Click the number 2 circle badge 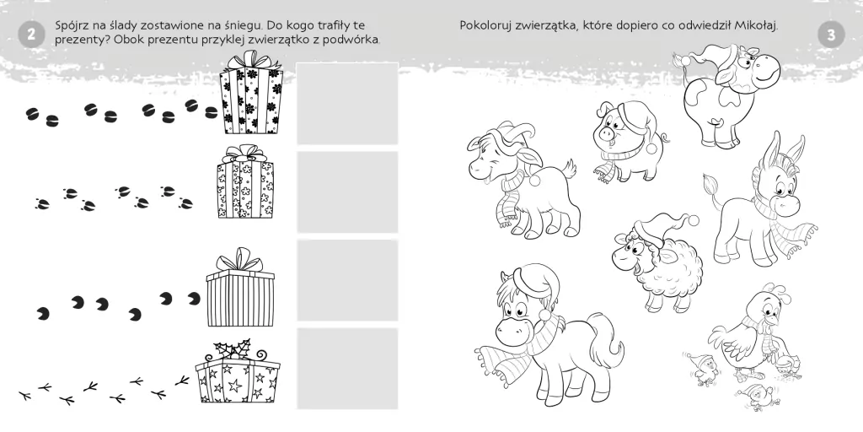(31, 35)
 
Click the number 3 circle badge (831, 35)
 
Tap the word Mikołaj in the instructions (757, 26)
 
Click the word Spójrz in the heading (72, 26)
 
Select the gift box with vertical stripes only (240, 288)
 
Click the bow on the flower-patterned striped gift (250, 60)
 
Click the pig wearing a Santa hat (629, 142)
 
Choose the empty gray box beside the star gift (346, 369)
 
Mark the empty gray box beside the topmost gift (346, 104)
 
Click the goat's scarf (508, 197)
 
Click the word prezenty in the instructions (78, 40)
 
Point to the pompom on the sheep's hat (694, 220)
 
